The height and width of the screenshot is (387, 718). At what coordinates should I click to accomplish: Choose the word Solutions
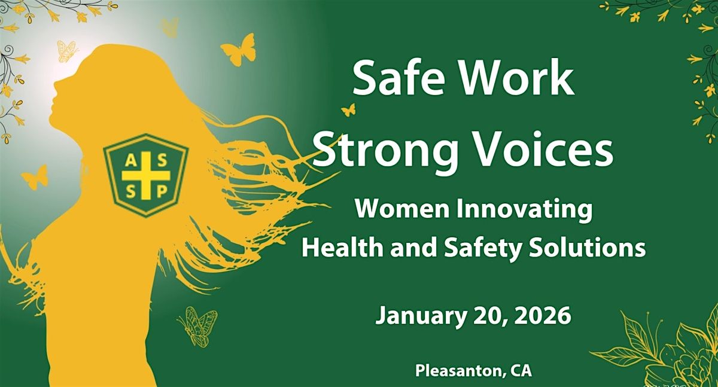pos(592,246)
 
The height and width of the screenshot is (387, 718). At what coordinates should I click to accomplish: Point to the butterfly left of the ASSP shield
pos(35,176)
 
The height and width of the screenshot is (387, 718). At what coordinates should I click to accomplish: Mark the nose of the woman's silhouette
pos(53,84)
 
